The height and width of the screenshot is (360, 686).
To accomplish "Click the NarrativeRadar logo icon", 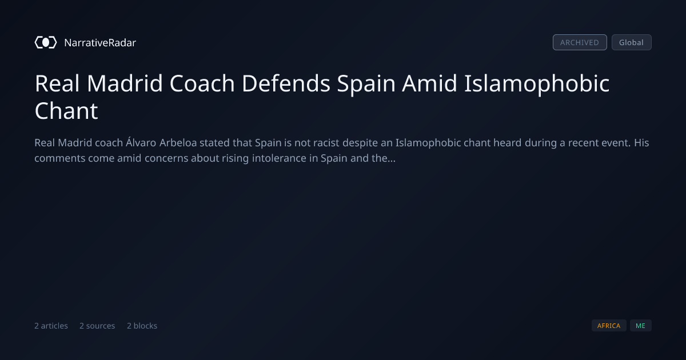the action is click(46, 42).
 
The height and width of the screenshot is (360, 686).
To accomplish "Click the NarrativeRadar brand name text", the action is click(100, 42).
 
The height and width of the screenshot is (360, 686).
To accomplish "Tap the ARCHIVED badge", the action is click(580, 42).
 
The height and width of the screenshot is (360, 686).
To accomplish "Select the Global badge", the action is click(632, 42).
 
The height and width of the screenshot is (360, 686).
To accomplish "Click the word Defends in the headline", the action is click(286, 83).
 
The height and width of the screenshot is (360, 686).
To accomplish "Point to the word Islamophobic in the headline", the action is click(537, 84).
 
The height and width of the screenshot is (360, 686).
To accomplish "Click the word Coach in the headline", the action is click(202, 83).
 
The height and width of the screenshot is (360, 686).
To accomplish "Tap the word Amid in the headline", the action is click(429, 83).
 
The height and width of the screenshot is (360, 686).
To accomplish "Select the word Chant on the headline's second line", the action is click(66, 111).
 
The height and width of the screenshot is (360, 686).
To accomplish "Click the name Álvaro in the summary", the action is click(141, 143).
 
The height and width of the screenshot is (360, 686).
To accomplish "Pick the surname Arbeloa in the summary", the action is click(178, 143).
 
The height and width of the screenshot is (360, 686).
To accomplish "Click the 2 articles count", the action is click(51, 326).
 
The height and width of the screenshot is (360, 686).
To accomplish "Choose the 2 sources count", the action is click(97, 326).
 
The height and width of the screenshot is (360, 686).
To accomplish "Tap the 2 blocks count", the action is click(142, 326).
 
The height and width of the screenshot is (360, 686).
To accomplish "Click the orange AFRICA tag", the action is click(609, 325).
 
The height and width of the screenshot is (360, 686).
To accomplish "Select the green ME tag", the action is click(641, 325).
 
